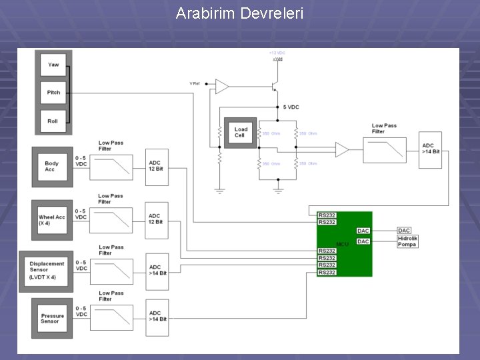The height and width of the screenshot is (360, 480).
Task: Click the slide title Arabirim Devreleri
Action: click(x=239, y=13)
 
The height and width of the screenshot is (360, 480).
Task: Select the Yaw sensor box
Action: click(x=53, y=65)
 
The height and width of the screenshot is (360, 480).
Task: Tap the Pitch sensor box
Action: click(x=53, y=93)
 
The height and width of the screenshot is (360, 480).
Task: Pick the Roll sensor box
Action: click(x=53, y=121)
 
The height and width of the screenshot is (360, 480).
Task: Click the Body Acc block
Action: click(x=52, y=166)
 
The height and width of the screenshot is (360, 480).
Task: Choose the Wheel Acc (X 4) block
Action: click(x=52, y=219)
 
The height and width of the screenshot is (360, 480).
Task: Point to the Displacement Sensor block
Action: click(x=47, y=270)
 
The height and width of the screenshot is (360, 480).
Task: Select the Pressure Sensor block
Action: click(x=52, y=318)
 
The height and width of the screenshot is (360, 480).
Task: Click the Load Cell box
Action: click(x=240, y=132)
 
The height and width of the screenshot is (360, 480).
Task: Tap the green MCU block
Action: click(x=343, y=244)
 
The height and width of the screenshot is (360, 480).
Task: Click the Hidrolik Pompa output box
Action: click(x=407, y=241)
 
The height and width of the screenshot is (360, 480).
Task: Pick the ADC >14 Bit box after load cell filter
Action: click(x=431, y=150)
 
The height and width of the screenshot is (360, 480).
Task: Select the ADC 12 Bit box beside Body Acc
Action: click(x=157, y=167)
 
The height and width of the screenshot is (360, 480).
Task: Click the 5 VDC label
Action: click(x=291, y=107)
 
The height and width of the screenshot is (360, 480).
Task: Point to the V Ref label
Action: click(x=194, y=83)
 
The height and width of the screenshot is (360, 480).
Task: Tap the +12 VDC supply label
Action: click(x=277, y=53)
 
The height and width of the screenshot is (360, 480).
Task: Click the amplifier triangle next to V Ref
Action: click(x=221, y=87)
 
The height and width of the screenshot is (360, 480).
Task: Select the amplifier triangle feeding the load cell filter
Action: click(x=341, y=150)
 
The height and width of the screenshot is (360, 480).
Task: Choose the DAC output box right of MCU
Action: click(x=404, y=231)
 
